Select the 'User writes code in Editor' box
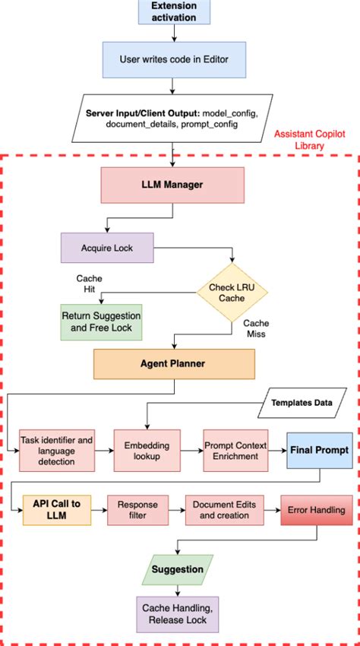tap(174, 59)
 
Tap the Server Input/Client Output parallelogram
tap(174, 118)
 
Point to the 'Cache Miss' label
tap(256, 329)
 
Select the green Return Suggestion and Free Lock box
tap(101, 322)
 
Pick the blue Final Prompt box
tap(319, 450)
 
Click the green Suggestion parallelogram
tap(176, 568)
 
